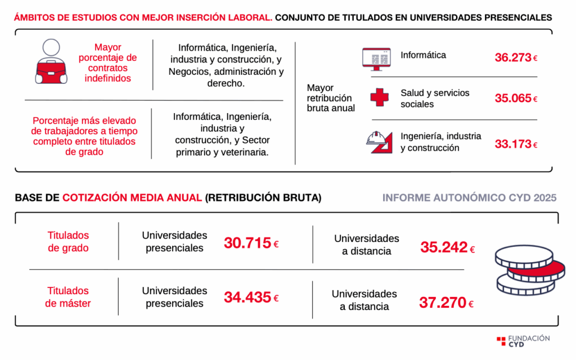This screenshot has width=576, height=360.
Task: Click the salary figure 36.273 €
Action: point(516,57)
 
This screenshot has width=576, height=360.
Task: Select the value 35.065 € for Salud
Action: point(516,98)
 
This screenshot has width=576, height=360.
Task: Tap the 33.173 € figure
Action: point(516,144)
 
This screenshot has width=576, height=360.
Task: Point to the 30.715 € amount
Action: point(251,243)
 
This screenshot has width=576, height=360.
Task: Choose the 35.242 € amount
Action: point(447,247)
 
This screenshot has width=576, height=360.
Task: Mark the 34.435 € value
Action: point(251,298)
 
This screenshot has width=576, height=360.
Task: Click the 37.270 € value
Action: point(446,303)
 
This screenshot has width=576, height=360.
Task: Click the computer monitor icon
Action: point(376,58)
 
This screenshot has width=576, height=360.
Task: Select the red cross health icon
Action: point(380,97)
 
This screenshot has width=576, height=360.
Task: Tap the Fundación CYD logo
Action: point(523,341)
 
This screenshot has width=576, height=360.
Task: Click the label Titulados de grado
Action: point(68,241)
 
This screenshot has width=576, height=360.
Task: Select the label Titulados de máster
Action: point(68,297)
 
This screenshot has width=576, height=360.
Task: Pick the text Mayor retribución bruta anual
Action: point(331,98)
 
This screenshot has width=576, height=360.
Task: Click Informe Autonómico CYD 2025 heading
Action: point(469,198)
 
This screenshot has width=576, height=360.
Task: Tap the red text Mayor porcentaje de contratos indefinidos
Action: point(107,62)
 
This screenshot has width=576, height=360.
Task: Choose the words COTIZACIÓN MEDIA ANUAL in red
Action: point(132,198)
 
